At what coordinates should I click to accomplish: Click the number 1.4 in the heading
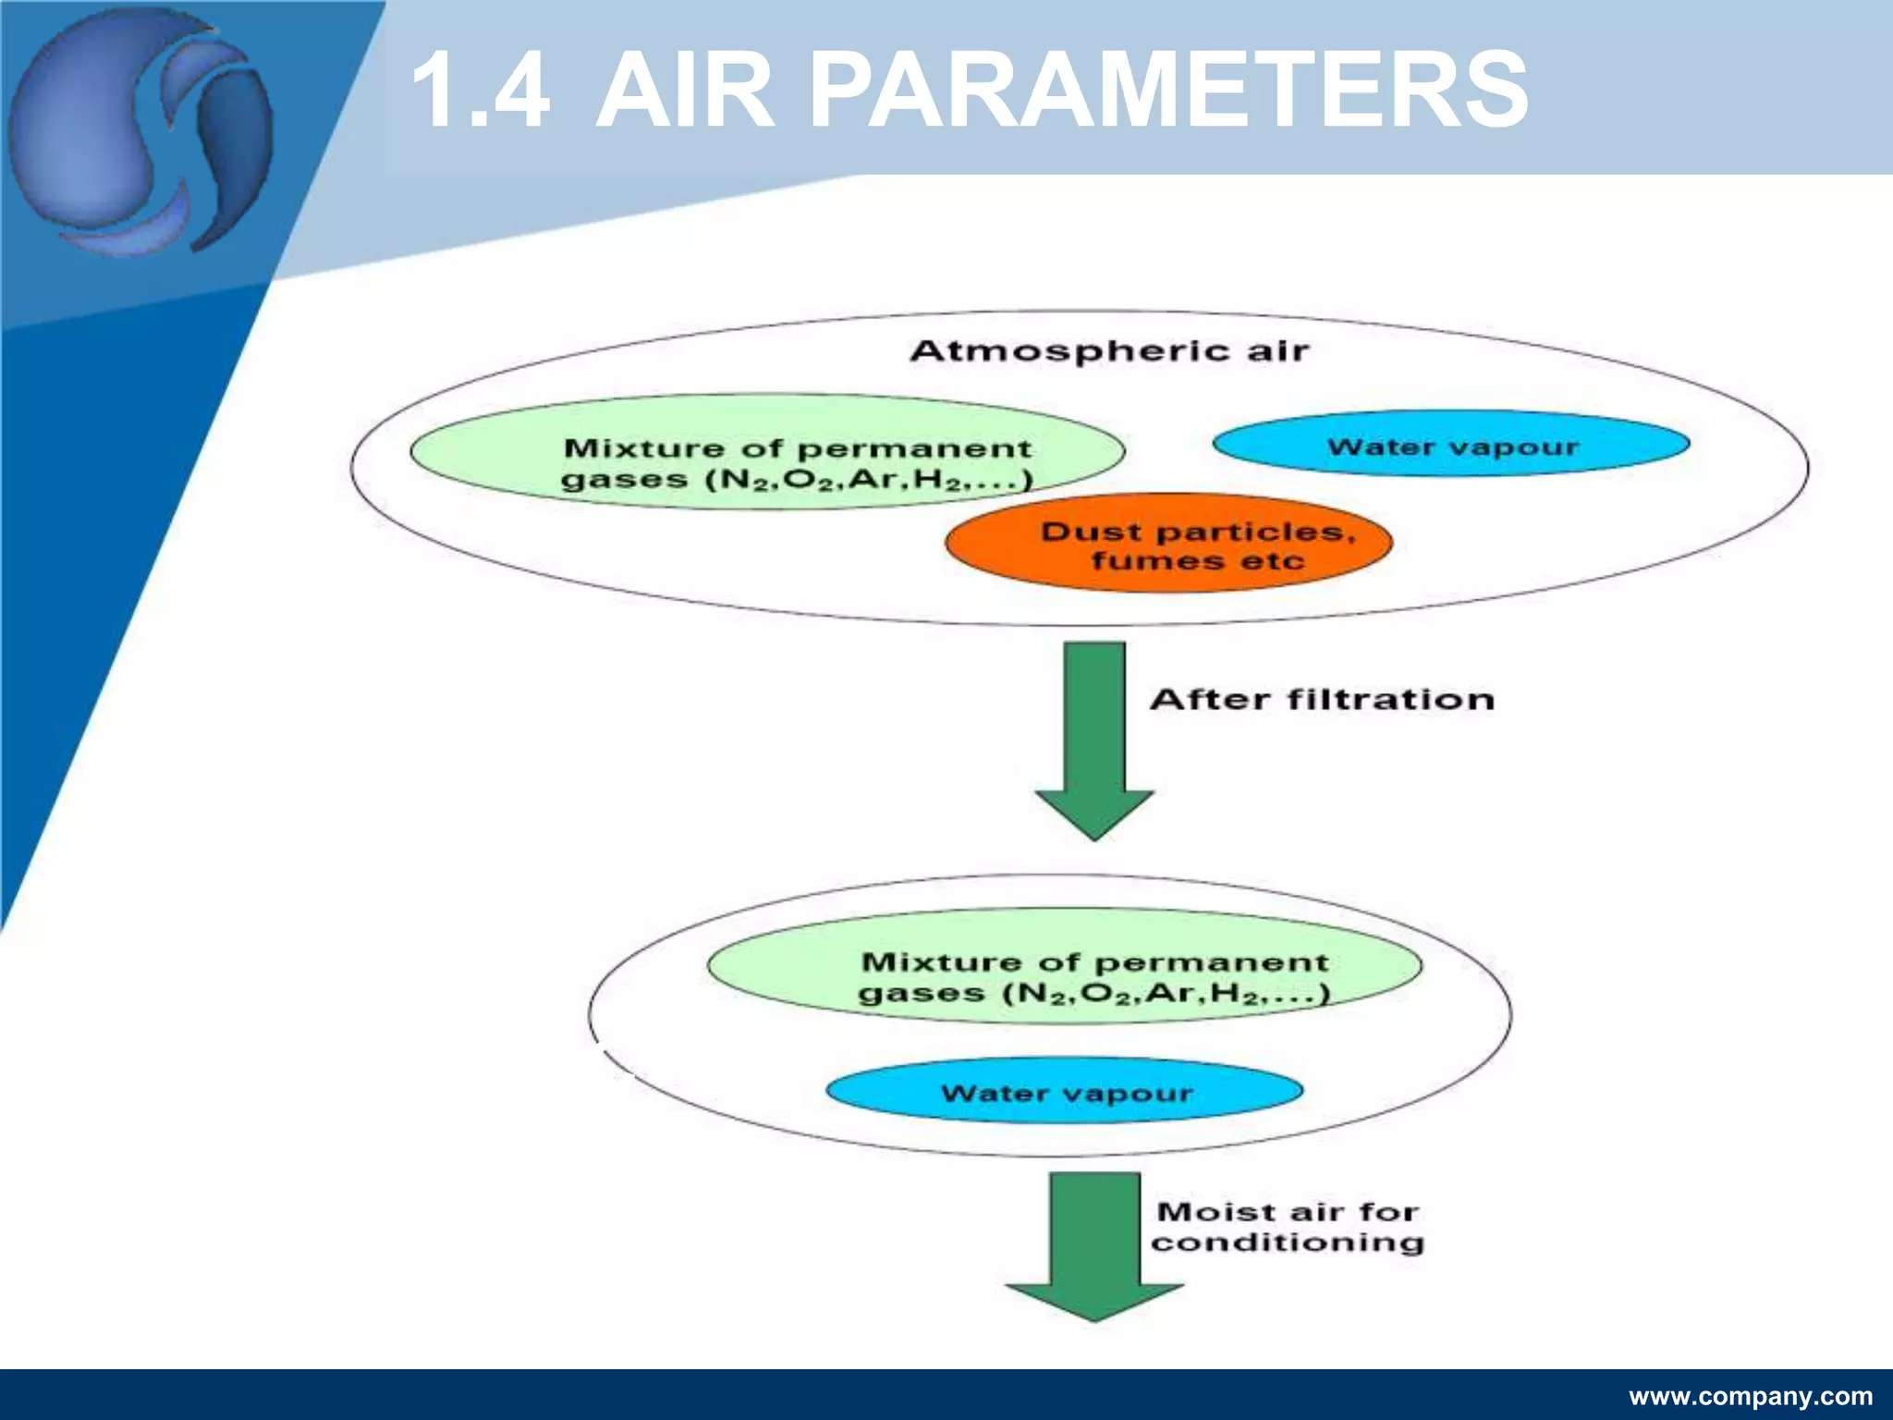(481, 91)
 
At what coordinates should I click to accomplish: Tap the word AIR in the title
(685, 91)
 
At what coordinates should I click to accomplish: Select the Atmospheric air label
(1109, 351)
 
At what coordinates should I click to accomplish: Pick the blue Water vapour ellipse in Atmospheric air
(1451, 445)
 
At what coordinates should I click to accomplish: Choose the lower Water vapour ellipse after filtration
(1065, 1092)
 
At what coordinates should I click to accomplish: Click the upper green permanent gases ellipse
(767, 452)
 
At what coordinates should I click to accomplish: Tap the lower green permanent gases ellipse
(1065, 966)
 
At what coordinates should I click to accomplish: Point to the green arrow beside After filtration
(1094, 740)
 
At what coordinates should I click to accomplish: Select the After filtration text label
(1322, 699)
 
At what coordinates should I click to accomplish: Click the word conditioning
(1287, 1242)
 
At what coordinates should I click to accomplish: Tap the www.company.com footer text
(1751, 1396)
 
